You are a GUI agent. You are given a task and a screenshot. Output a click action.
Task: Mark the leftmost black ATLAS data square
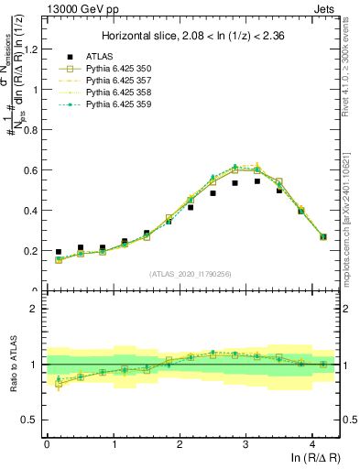(x=59, y=252)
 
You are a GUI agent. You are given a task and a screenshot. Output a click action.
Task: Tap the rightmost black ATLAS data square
(x=322, y=237)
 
